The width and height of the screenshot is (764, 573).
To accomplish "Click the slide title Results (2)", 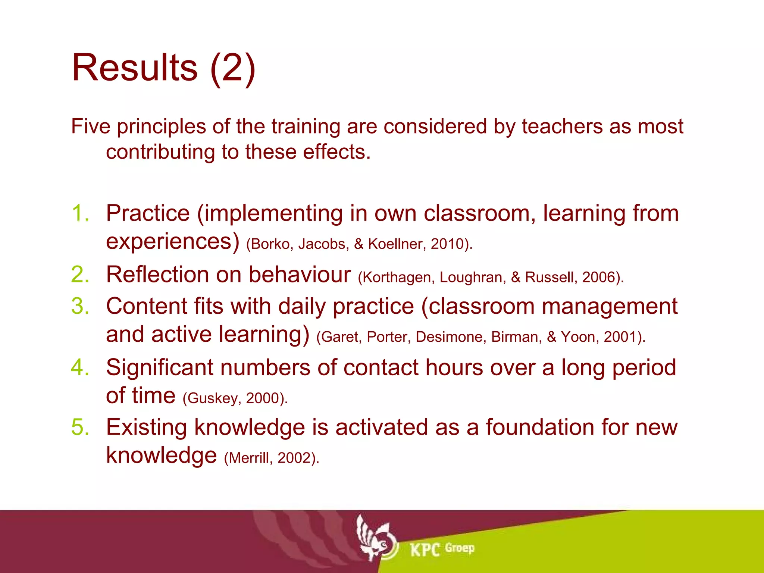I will pyautogui.click(x=163, y=68).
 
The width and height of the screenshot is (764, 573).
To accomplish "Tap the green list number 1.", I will pyautogui.click(x=80, y=213).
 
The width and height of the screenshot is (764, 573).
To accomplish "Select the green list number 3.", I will pyautogui.click(x=80, y=306).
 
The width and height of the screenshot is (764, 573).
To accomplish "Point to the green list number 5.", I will pyautogui.click(x=80, y=427).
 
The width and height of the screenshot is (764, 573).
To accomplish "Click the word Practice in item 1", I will pyautogui.click(x=148, y=213).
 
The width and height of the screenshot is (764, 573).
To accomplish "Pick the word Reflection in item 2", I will pyautogui.click(x=157, y=275).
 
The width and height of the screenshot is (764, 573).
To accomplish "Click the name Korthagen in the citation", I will pyautogui.click(x=397, y=278).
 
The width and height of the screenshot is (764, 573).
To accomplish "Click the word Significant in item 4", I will pyautogui.click(x=159, y=367).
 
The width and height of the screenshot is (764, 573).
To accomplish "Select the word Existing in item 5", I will pyautogui.click(x=146, y=427).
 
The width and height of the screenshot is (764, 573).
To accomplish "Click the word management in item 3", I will pyautogui.click(x=609, y=306).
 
